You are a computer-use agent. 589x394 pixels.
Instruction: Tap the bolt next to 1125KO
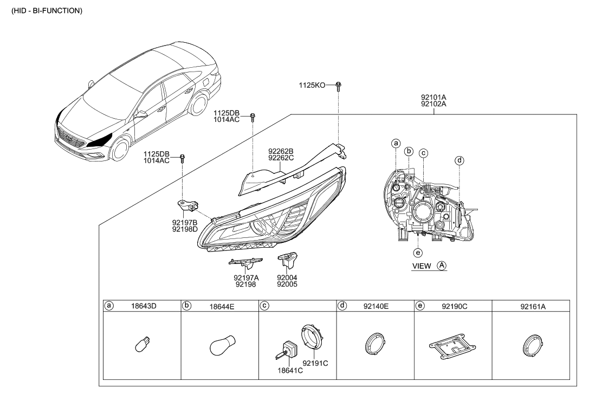coord(338,86)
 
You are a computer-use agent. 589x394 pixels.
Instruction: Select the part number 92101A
coord(433,98)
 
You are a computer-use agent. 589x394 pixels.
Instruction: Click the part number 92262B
coord(281,151)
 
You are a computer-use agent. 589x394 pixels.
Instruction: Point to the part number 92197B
coord(185,222)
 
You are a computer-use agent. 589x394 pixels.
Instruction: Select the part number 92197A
coord(246,277)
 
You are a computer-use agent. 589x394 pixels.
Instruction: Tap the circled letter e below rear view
coord(417,252)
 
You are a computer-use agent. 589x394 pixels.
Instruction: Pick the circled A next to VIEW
coord(442,266)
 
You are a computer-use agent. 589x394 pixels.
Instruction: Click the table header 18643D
coord(144,306)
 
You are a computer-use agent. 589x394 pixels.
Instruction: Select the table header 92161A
coord(533,306)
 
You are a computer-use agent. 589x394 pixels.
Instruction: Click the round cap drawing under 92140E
coord(374,345)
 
